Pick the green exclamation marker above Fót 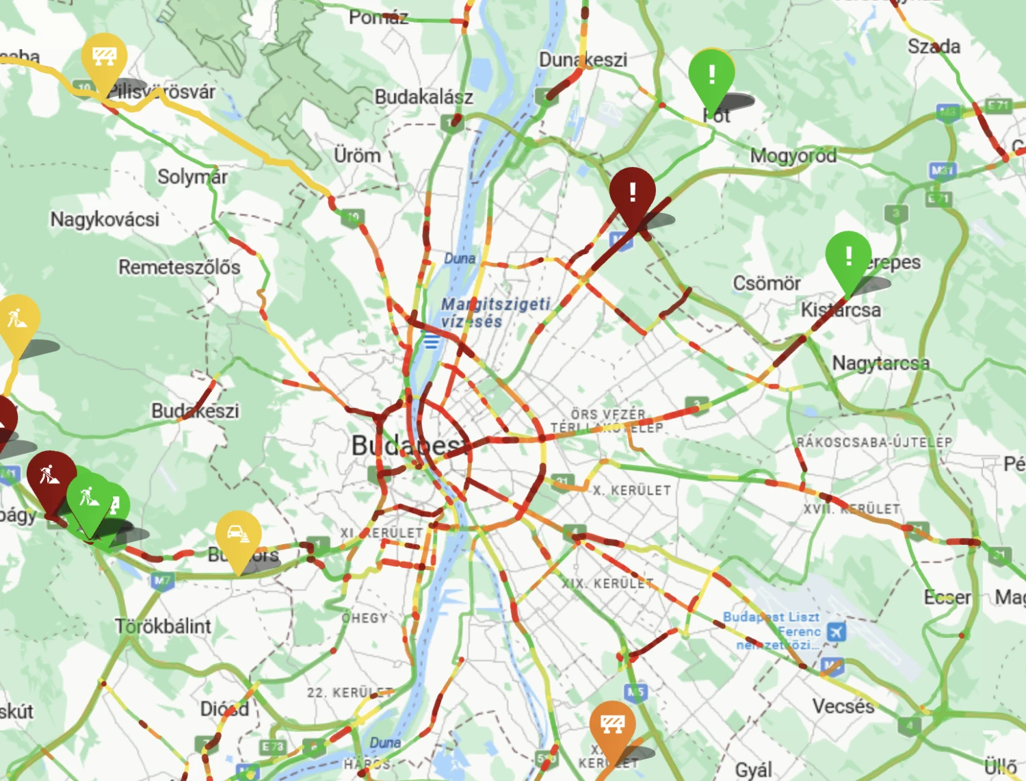click(711, 74)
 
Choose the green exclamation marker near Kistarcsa click(848, 257)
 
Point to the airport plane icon click(836, 631)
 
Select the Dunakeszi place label click(583, 60)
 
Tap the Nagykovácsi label click(105, 220)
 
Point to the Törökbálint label click(163, 626)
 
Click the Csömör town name click(766, 283)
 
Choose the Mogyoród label click(793, 156)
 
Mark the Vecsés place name click(843, 706)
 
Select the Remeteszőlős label click(179, 267)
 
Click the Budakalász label click(423, 97)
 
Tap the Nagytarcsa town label click(881, 363)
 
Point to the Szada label click(934, 47)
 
